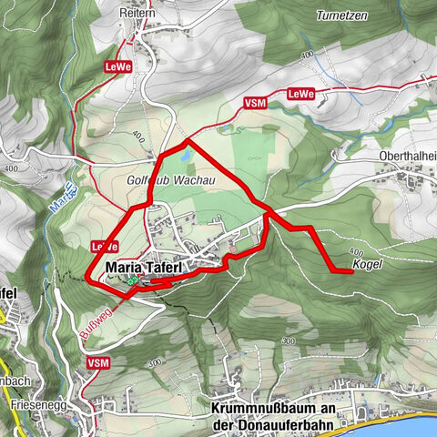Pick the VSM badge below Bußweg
pos(98,362)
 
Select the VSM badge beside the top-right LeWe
pos(256,103)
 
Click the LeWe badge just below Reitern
pos(118,66)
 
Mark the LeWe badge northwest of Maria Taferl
pos(104,247)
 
